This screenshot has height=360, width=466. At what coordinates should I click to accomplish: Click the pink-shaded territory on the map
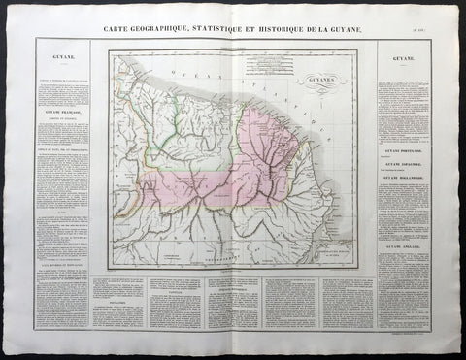pos(282,136)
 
